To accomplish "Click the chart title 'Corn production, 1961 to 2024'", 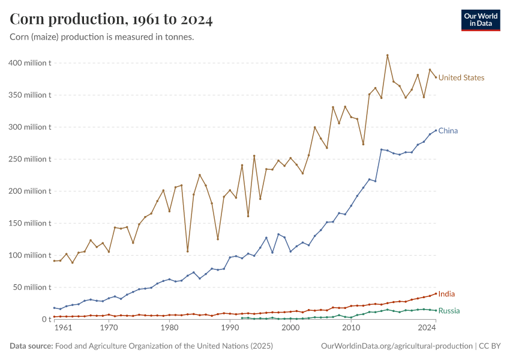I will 111,20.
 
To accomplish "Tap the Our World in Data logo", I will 480,20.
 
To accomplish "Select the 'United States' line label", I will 461,77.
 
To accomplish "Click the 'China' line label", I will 448,131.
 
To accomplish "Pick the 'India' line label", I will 446,294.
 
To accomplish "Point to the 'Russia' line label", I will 449,311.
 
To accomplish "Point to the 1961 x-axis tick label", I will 64,329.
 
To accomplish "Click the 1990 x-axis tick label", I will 230,329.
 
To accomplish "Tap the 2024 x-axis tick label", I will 427,329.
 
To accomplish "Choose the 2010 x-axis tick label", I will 351,329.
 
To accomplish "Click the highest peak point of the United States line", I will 388,55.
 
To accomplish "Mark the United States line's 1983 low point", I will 187,251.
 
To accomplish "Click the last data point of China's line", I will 436,130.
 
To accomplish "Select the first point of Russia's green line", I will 242,318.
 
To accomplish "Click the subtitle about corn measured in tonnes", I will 101,37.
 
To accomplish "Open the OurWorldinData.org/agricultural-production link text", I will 397,346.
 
